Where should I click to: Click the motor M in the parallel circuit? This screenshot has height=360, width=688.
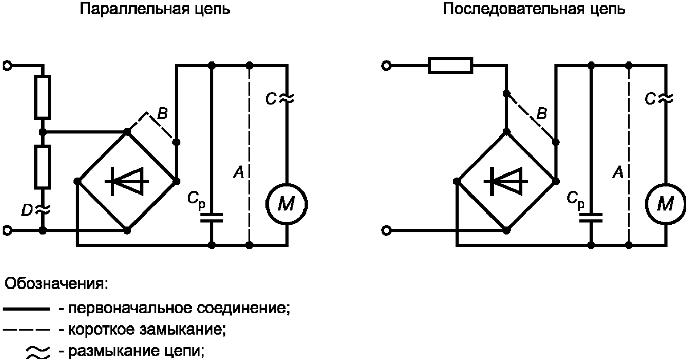(x=286, y=204)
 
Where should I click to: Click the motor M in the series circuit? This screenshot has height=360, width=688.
(x=665, y=204)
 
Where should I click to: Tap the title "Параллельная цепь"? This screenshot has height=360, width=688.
(x=155, y=9)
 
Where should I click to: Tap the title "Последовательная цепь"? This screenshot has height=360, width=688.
(x=533, y=9)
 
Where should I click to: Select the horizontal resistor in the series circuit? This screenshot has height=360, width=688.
(x=450, y=65)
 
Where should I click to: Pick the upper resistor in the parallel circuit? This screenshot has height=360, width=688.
(x=43, y=97)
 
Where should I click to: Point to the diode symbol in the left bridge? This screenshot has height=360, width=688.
(x=127, y=181)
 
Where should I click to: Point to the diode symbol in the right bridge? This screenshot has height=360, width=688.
(x=506, y=181)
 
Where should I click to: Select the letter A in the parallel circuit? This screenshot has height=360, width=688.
(x=239, y=172)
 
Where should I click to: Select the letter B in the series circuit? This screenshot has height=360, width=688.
(x=541, y=114)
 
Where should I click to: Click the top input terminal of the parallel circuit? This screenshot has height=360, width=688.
(x=7, y=66)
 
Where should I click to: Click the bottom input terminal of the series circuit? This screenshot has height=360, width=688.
(x=386, y=231)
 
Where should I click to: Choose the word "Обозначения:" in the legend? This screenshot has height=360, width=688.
(x=56, y=283)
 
